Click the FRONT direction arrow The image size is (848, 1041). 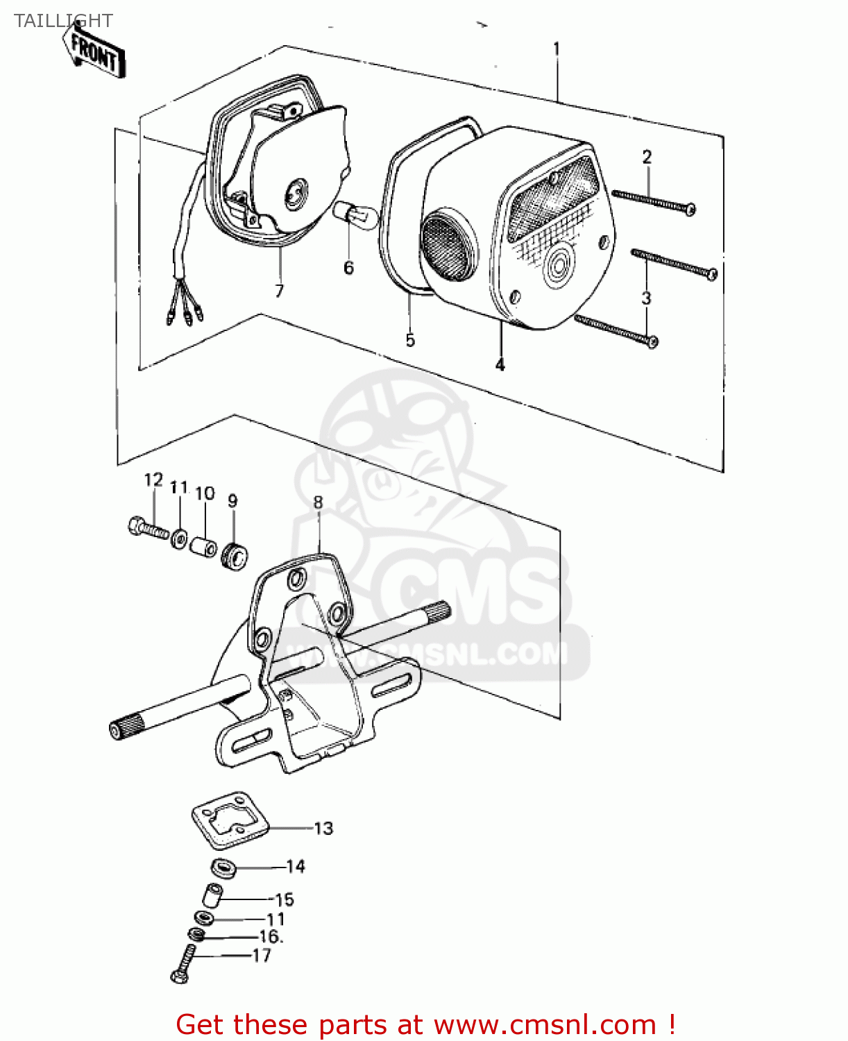click(94, 51)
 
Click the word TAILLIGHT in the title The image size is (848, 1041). click(63, 21)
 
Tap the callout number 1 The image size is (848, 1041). click(557, 49)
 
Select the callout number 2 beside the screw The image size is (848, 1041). click(647, 157)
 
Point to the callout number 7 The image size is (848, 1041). click(279, 291)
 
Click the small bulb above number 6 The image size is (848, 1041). click(355, 214)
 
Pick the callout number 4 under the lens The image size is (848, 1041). click(500, 364)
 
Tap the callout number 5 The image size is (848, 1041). click(410, 339)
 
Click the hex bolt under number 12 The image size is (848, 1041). click(149, 528)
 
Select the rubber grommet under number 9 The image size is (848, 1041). click(235, 557)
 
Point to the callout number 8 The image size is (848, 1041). click(318, 502)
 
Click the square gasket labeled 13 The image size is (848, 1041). click(230, 822)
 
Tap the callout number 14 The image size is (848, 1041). click(295, 866)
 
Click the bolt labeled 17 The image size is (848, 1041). click(183, 963)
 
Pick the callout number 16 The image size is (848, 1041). click(270, 936)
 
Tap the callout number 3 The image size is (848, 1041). click(646, 298)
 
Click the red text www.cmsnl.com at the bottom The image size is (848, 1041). click(545, 1024)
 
